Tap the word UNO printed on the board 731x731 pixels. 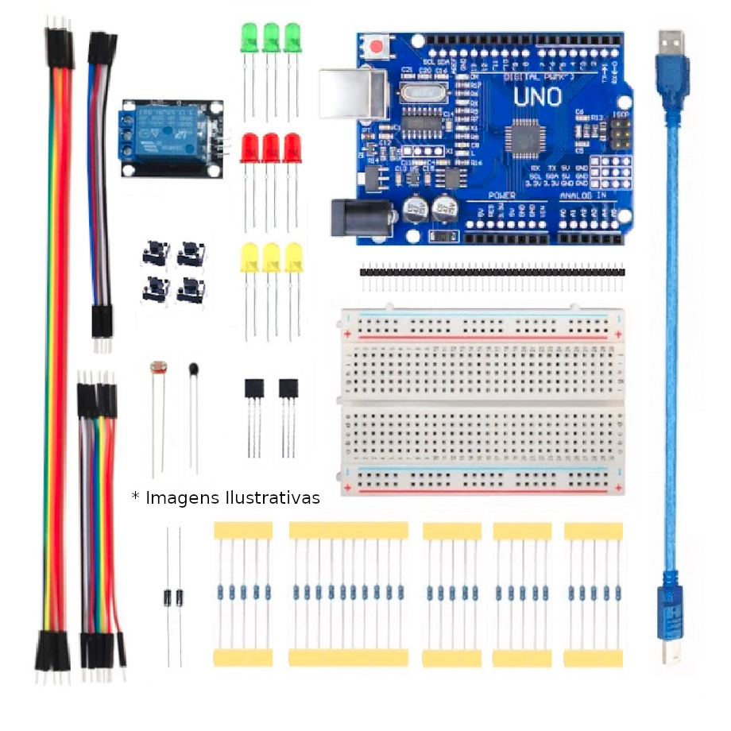tap(537, 97)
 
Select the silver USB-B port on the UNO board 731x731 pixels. tap(350, 94)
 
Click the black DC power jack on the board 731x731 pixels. tap(362, 216)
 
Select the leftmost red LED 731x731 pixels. tap(249, 147)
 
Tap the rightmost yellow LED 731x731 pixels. tap(294, 258)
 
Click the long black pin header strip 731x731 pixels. tap(493, 271)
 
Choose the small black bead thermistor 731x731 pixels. tap(193, 368)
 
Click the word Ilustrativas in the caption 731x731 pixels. tap(273, 497)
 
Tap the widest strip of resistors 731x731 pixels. tap(348, 593)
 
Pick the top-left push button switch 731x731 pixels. tap(156, 254)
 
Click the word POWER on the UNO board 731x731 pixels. tap(501, 195)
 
